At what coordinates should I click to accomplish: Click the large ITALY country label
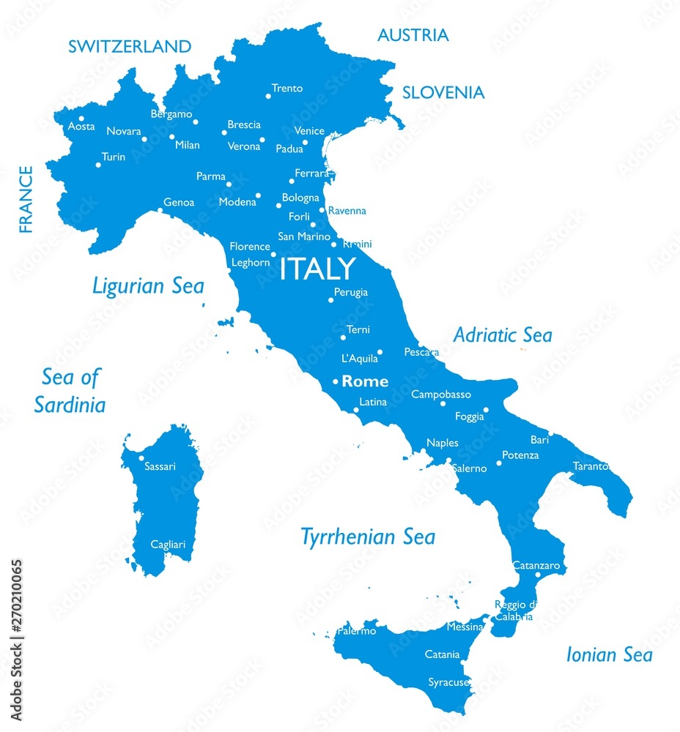point(317,269)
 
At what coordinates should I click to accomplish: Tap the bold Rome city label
point(365,381)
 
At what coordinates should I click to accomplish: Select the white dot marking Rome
point(336,381)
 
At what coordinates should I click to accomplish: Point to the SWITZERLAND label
point(130,47)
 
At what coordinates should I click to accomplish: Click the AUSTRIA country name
point(413,35)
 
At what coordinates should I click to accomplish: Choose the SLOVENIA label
point(443,92)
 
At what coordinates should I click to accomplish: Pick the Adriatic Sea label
point(502,335)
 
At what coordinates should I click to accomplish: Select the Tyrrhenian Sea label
point(368,537)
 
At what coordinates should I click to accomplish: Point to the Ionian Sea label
point(608,654)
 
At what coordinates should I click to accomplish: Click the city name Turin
point(114,157)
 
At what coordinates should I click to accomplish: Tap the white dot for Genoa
point(160,211)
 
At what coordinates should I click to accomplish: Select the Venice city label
point(309,130)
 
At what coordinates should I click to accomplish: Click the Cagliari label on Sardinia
point(168,544)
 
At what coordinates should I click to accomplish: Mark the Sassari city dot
point(141,458)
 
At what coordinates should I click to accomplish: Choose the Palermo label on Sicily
point(357,630)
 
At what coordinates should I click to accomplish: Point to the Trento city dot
point(268,96)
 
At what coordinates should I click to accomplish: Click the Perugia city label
point(351,292)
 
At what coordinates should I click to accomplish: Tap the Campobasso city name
point(441,395)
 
